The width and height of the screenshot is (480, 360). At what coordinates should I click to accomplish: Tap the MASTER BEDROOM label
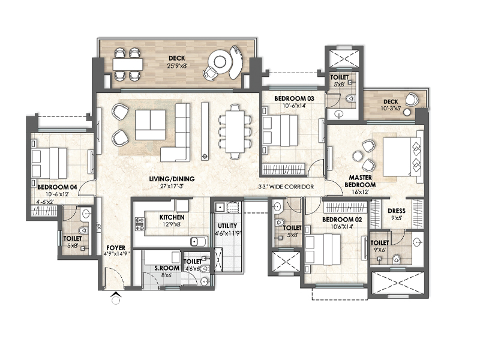363,181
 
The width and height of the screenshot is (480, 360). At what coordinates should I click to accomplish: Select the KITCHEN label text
172,217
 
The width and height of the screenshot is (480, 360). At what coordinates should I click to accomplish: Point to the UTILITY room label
227,226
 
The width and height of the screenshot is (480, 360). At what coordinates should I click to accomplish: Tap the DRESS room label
397,211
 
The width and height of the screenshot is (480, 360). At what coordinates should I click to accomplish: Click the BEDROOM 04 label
57,187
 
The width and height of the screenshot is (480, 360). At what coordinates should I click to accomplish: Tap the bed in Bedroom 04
49,160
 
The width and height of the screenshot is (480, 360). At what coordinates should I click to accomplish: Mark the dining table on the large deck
127,64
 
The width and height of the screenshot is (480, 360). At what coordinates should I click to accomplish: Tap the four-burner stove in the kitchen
141,224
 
